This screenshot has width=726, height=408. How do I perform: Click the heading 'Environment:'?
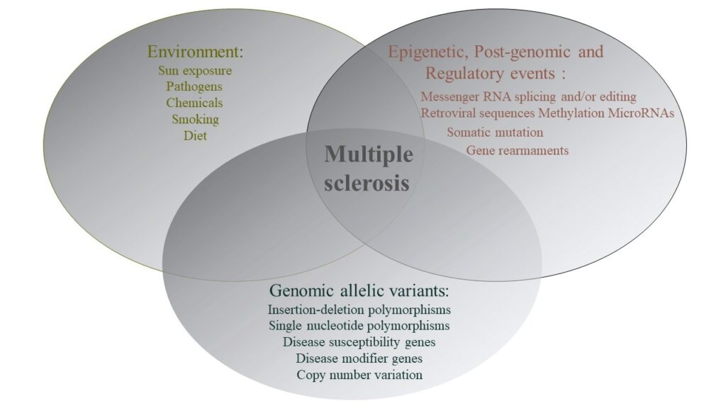195,51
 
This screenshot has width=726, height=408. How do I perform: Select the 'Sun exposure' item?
195,71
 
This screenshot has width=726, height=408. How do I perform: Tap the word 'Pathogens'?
194,87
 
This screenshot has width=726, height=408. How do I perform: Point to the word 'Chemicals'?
194,103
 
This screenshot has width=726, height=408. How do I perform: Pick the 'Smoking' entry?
196,119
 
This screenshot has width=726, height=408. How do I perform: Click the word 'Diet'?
195,135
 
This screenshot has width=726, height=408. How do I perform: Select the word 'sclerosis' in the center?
367,183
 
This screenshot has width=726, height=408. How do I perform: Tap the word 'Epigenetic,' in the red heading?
428,52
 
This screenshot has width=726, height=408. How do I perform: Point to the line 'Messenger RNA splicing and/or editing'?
528,96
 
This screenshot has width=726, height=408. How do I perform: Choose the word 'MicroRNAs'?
641,113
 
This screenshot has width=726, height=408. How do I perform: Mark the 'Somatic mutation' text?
495,132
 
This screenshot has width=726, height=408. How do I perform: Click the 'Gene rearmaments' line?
517,150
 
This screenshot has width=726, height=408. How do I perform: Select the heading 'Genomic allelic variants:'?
359,290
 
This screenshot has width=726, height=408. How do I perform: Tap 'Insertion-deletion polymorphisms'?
359,309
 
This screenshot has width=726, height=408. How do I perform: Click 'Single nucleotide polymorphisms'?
359,326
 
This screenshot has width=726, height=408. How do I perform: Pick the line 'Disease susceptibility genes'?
359,342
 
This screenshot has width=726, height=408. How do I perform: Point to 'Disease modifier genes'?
359,358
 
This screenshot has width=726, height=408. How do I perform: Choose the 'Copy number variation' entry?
359,375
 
